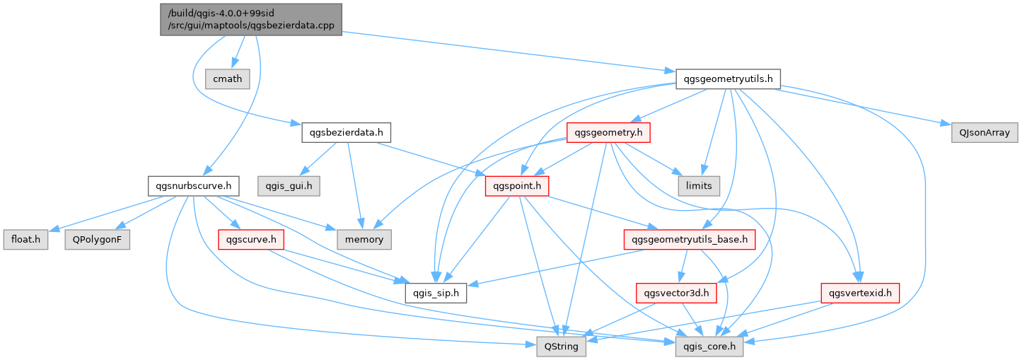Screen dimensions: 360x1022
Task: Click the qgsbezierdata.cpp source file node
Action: click(251, 19)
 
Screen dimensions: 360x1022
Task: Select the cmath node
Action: click(227, 79)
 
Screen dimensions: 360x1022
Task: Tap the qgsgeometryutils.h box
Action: click(728, 79)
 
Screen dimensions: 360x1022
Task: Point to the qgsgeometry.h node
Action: click(609, 132)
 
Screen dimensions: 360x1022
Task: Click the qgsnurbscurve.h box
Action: click(193, 186)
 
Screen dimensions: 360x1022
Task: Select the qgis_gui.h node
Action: click(289, 186)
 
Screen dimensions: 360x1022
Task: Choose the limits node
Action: click(698, 186)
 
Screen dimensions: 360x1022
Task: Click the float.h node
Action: click(25, 240)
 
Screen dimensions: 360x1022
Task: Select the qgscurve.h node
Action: click(251, 240)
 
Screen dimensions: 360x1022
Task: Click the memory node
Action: click(364, 240)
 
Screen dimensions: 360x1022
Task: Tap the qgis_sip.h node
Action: click(435, 293)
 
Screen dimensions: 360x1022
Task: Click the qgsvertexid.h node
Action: click(859, 293)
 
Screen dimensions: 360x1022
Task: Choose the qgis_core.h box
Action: click(709, 347)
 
